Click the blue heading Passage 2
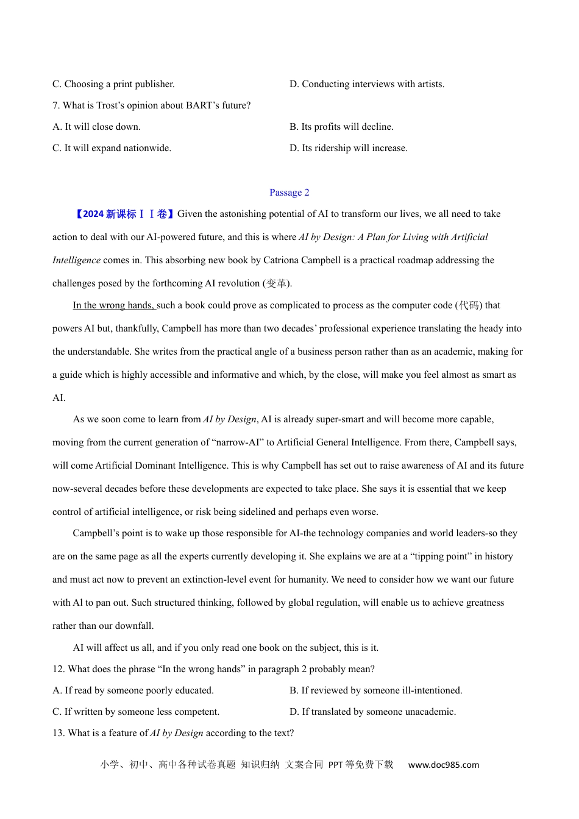(289, 193)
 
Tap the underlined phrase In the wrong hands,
(114, 305)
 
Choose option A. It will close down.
(96, 127)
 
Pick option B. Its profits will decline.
(341, 127)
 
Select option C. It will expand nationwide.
(112, 148)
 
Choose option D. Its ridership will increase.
(349, 148)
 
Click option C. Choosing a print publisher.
(113, 84)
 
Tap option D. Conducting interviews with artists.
(367, 84)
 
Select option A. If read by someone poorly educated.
(133, 690)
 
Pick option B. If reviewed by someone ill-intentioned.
(375, 690)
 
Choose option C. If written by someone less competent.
(136, 712)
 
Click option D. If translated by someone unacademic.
(372, 712)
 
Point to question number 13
(59, 733)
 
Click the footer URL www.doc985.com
(444, 765)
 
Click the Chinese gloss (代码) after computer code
(469, 305)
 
